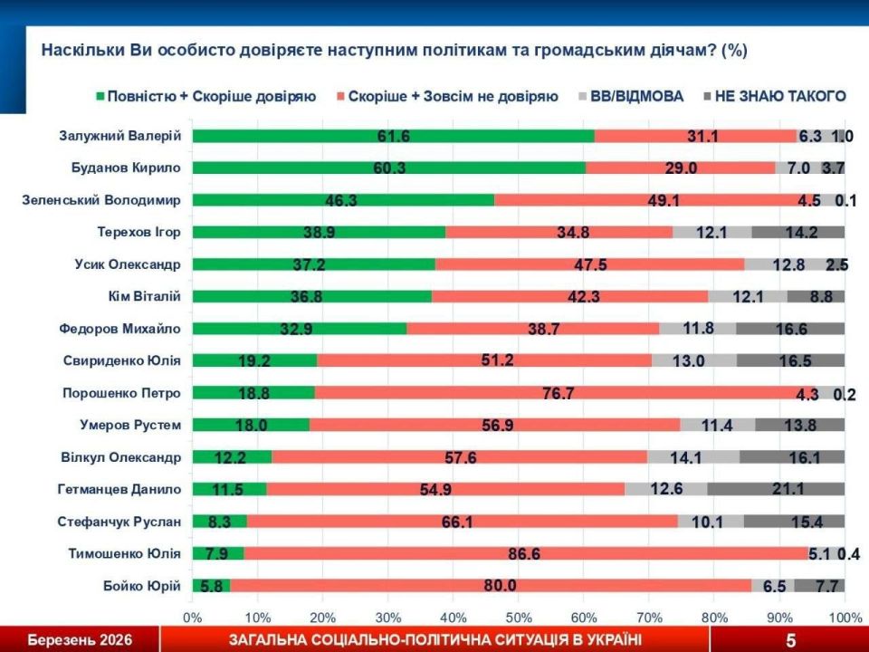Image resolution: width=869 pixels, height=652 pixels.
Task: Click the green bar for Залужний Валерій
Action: [x=394, y=136]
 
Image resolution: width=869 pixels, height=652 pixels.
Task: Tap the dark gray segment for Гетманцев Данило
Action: [x=775, y=489]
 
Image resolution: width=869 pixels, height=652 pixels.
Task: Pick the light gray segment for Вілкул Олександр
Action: [x=692, y=457]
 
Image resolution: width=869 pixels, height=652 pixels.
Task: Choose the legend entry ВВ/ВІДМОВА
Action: [x=637, y=96]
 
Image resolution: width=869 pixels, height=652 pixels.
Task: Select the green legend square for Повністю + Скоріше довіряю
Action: [x=99, y=96]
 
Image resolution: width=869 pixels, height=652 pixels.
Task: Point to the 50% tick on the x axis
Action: [x=518, y=618]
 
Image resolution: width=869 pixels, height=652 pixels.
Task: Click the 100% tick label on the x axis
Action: [x=844, y=618]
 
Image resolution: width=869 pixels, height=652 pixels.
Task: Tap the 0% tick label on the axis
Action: [x=193, y=618]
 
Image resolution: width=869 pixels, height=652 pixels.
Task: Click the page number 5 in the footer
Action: [x=790, y=640]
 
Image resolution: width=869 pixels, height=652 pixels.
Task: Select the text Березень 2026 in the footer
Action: [x=80, y=640]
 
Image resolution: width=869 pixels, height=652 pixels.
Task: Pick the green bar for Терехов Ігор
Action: [x=319, y=232]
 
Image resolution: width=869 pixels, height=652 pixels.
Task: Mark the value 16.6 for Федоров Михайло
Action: [x=790, y=329]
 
